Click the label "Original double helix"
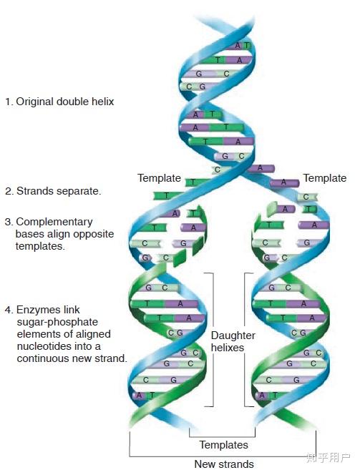(x=65, y=102)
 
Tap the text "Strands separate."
(x=59, y=191)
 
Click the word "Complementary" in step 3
(x=54, y=222)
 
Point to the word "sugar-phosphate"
(x=57, y=322)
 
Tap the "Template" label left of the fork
(x=159, y=178)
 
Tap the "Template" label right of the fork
(x=325, y=178)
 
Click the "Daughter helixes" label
(x=233, y=341)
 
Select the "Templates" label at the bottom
(x=224, y=445)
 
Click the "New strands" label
(x=224, y=464)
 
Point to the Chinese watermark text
(x=328, y=457)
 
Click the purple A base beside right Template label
(x=284, y=182)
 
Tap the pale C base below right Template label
(x=306, y=197)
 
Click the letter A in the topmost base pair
(x=238, y=46)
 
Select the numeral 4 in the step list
(x=8, y=310)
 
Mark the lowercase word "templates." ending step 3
(x=40, y=246)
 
